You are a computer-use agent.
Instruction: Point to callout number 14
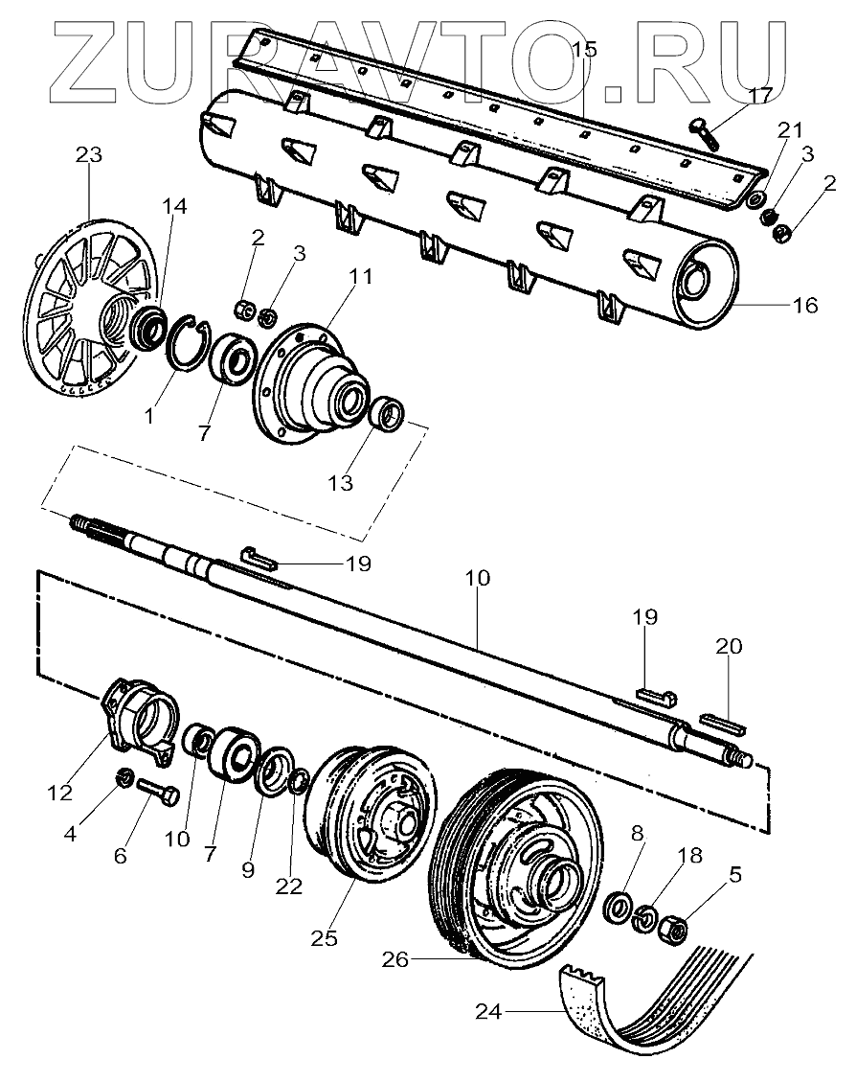pos(174,207)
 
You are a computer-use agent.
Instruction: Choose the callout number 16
pos(804,306)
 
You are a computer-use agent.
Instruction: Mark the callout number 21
pos(791,129)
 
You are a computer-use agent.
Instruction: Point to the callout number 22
pos(289,886)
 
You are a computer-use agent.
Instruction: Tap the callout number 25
pos(325,938)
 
